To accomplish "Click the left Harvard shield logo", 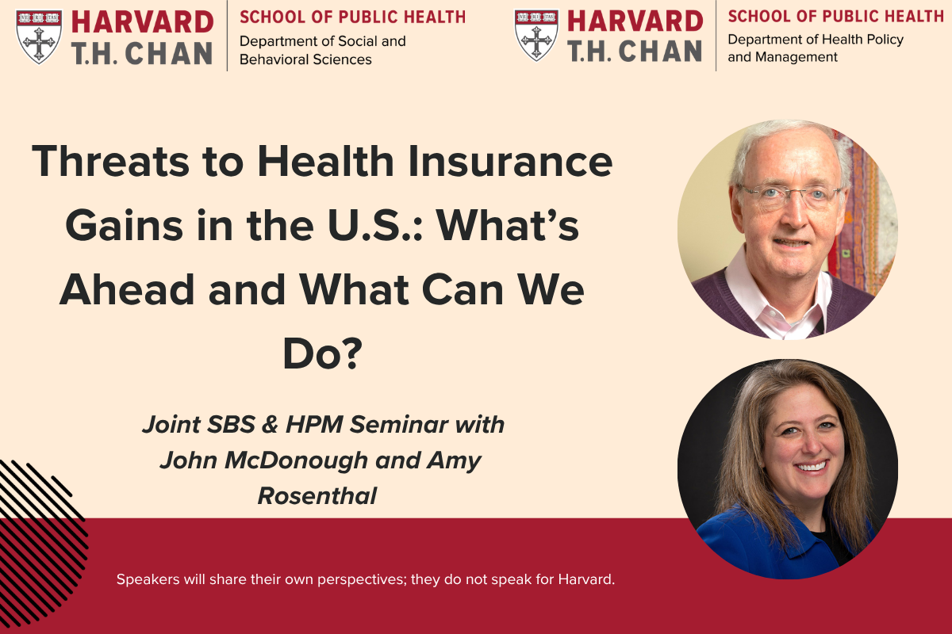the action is pyautogui.click(x=39, y=37).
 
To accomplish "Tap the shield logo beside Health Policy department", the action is pyautogui.click(x=536, y=36).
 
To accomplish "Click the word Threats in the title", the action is pyautogui.click(x=110, y=162).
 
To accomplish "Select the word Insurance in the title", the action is pyautogui.click(x=510, y=162).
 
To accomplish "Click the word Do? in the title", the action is pyautogui.click(x=322, y=353).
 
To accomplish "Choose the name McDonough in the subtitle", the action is pyautogui.click(x=296, y=461).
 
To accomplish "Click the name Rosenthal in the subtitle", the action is pyautogui.click(x=317, y=496).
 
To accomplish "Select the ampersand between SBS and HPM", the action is pyautogui.click(x=270, y=425).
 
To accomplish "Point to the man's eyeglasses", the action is pyautogui.click(x=789, y=196).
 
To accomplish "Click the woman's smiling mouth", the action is pyautogui.click(x=811, y=467).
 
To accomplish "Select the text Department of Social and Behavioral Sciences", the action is pyautogui.click(x=323, y=50).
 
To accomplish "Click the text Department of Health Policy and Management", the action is pyautogui.click(x=816, y=48).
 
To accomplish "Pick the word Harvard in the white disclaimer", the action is pyautogui.click(x=586, y=579).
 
